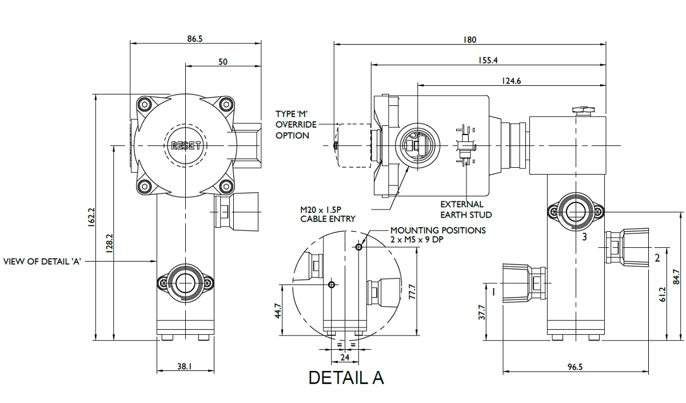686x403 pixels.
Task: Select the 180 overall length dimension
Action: tap(469, 39)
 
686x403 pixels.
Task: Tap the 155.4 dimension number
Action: tap(488, 60)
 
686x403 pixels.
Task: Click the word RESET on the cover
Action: tap(186, 146)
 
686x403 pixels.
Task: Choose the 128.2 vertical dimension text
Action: tap(109, 243)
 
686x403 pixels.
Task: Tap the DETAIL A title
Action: tap(346, 378)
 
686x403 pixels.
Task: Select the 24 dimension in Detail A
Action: tap(345, 358)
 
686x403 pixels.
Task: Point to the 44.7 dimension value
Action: tap(278, 311)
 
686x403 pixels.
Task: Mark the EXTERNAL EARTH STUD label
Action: tap(466, 210)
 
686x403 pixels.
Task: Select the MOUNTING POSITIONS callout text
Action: tap(437, 235)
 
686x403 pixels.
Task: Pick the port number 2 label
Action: tap(657, 258)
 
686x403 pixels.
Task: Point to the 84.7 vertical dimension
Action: tap(678, 277)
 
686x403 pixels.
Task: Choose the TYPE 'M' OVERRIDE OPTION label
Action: tap(295, 125)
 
